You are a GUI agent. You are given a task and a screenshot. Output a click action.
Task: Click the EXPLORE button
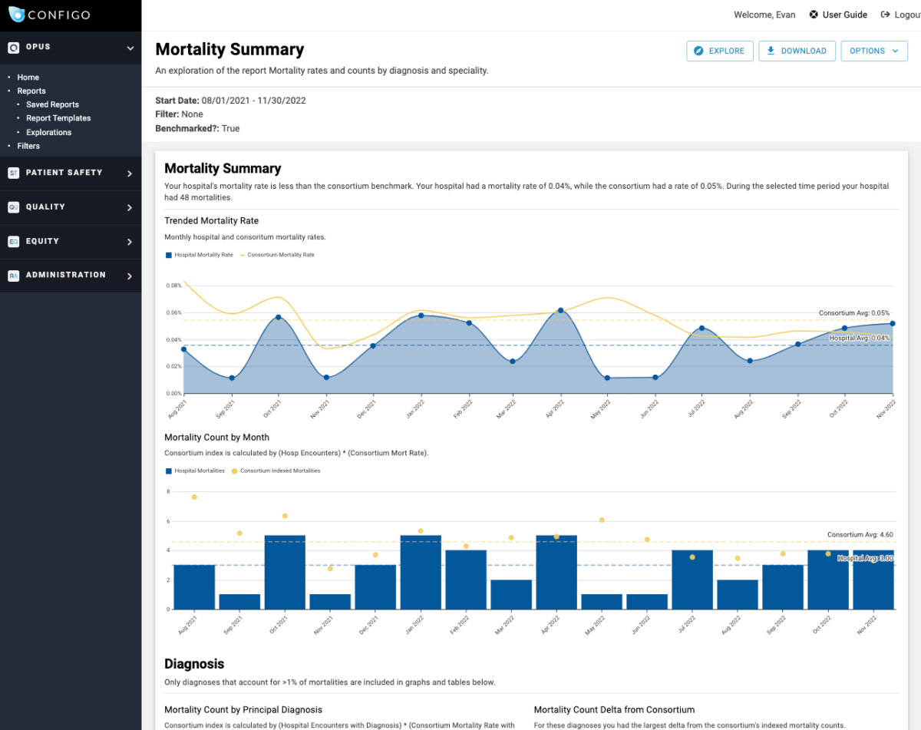pos(719,51)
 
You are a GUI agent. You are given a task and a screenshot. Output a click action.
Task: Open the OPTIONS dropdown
pos(873,51)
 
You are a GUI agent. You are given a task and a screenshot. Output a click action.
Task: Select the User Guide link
pos(838,15)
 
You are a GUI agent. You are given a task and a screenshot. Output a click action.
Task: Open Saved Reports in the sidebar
pos(52,104)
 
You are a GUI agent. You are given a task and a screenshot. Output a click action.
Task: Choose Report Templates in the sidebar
pos(58,118)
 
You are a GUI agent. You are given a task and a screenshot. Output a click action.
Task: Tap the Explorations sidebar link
pos(48,132)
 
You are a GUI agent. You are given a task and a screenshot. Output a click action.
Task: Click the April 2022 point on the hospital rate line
pos(561,310)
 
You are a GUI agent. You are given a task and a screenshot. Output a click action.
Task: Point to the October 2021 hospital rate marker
pos(279,317)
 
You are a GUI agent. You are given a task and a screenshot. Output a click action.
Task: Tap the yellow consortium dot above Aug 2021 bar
pos(194,497)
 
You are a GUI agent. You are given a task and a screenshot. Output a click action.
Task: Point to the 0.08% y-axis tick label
pos(173,286)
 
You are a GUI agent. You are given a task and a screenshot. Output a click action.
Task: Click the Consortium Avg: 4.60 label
pos(860,534)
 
